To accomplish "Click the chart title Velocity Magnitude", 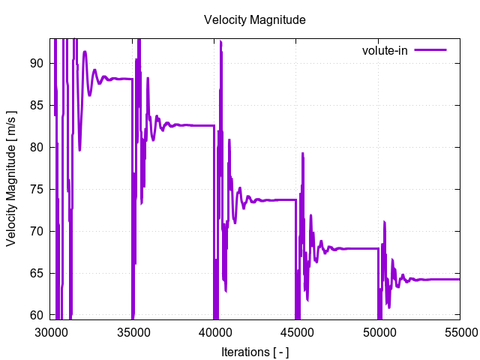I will pyautogui.click(x=254, y=20).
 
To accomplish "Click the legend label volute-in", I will pyautogui.click(x=384, y=50).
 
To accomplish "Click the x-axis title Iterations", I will pyautogui.click(x=254, y=351).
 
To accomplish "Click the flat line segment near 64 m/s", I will pyautogui.click(x=439, y=279).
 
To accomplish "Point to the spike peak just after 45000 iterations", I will pyautogui.click(x=303, y=154).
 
